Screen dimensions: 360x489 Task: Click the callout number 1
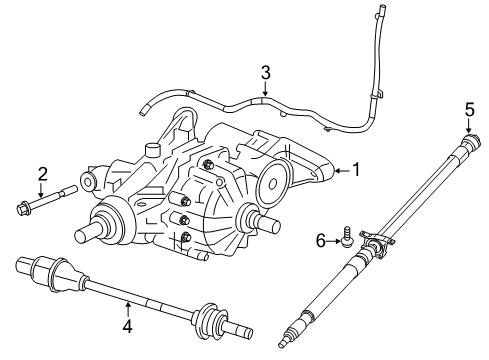[x=355, y=171]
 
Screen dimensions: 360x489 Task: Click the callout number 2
[x=42, y=174]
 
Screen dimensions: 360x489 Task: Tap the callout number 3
[x=265, y=72]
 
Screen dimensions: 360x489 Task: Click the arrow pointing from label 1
[x=339, y=171]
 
